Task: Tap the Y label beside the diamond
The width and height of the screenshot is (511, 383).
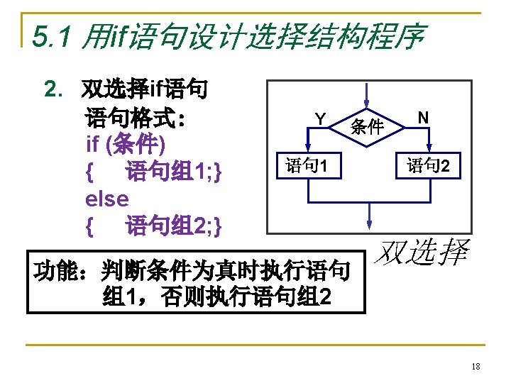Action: coord(321,118)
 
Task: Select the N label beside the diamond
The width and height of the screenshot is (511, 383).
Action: coord(422,116)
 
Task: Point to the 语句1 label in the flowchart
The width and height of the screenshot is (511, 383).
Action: coord(306,167)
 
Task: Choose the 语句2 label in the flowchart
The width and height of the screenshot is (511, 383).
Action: coord(428,167)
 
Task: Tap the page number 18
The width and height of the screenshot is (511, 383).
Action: coord(476,367)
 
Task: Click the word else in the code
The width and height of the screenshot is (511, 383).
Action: coord(106,199)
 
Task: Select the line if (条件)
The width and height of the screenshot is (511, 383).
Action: coord(126,144)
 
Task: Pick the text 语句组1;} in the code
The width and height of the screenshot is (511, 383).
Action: coord(174,172)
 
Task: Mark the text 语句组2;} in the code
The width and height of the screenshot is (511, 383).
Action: coord(174,226)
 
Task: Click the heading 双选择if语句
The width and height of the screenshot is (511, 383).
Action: coord(145,90)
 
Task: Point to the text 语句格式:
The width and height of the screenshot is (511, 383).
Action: coord(136,117)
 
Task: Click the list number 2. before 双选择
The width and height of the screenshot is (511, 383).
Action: coord(53,90)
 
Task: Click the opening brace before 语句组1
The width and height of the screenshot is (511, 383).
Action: coord(89,172)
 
